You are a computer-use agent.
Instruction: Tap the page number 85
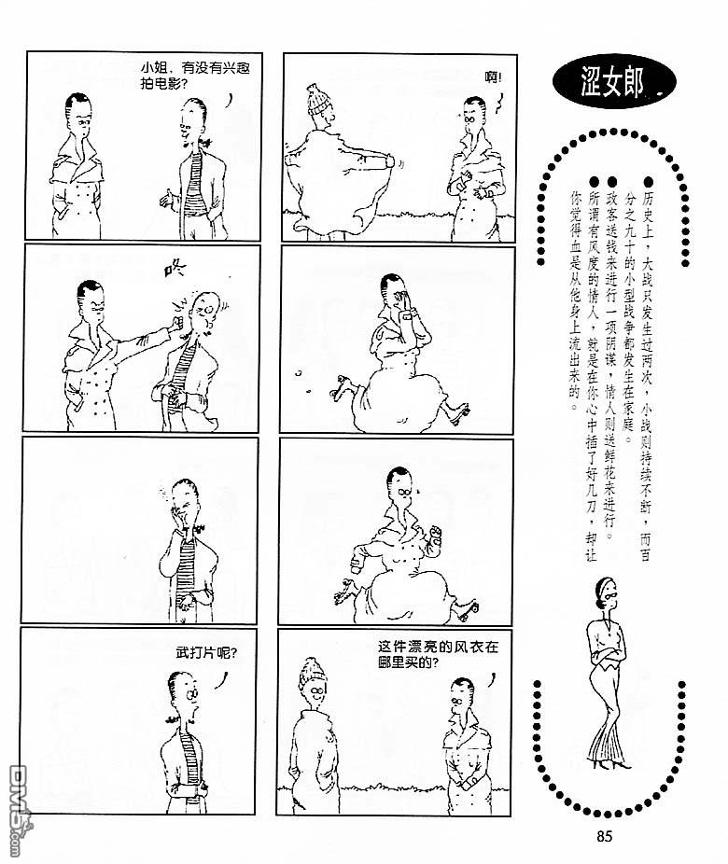coord(604,836)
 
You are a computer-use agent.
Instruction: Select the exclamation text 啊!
coord(493,77)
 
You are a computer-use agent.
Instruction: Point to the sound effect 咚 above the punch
coord(175,269)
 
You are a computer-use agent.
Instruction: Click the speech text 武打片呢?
coord(206,653)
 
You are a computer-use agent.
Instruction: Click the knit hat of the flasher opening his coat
coord(318,99)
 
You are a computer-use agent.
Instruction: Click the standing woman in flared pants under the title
coord(609,672)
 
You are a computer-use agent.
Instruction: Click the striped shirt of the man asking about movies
coord(193,185)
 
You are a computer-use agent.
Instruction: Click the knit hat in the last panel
coord(313,674)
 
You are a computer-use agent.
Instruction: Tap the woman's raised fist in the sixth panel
coord(436,533)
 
